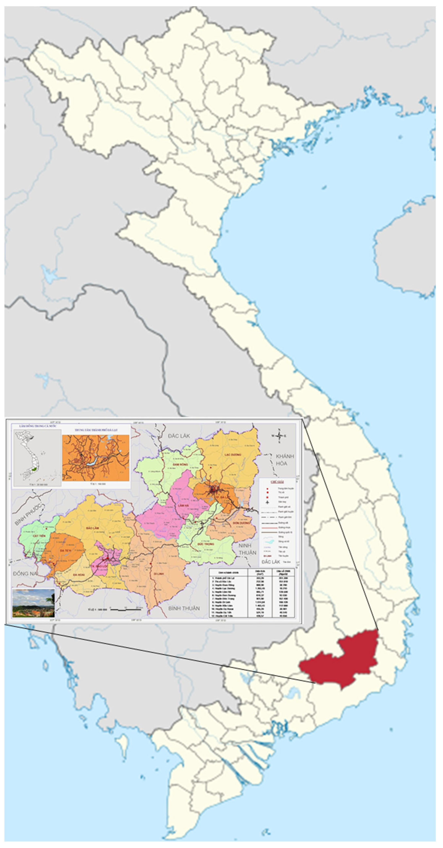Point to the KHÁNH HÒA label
pyautogui.click(x=285, y=460)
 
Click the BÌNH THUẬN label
pyautogui.click(x=184, y=608)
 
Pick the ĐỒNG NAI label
pyautogui.click(x=25, y=574)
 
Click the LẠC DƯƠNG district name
pyautogui.click(x=233, y=455)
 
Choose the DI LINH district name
pyautogui.click(x=159, y=574)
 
